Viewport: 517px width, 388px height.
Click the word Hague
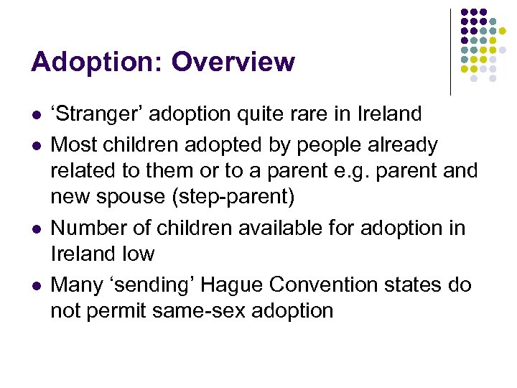coord(231,285)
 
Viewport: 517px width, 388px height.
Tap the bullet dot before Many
coord(35,286)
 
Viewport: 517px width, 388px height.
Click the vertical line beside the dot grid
coord(450,52)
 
